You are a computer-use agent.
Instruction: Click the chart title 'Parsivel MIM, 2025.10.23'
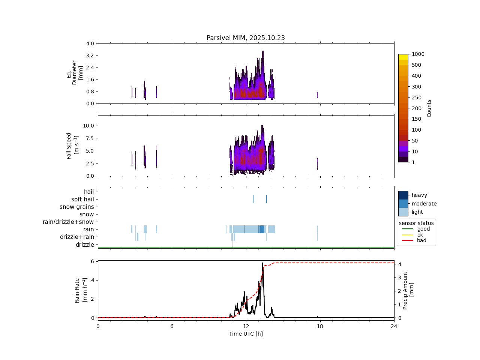(246, 38)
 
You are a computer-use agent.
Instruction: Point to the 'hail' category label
(89, 192)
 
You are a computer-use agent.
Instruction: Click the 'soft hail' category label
(82, 199)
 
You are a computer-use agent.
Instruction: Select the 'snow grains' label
(77, 207)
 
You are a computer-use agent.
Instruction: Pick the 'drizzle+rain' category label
(77, 237)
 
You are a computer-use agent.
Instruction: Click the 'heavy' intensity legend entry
(419, 195)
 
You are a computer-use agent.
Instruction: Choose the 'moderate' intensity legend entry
(424, 204)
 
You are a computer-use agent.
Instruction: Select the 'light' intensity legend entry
(417, 212)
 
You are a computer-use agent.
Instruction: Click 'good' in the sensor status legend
(423, 229)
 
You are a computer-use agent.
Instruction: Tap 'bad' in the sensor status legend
(421, 240)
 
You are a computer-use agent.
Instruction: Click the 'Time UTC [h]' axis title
(246, 334)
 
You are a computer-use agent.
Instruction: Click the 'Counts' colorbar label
(429, 108)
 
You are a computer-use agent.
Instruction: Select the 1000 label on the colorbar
(418, 54)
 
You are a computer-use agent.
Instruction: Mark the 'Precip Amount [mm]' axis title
(408, 290)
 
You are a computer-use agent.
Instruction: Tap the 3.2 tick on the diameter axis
(90, 55)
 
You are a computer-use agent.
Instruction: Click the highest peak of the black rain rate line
(262, 263)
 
